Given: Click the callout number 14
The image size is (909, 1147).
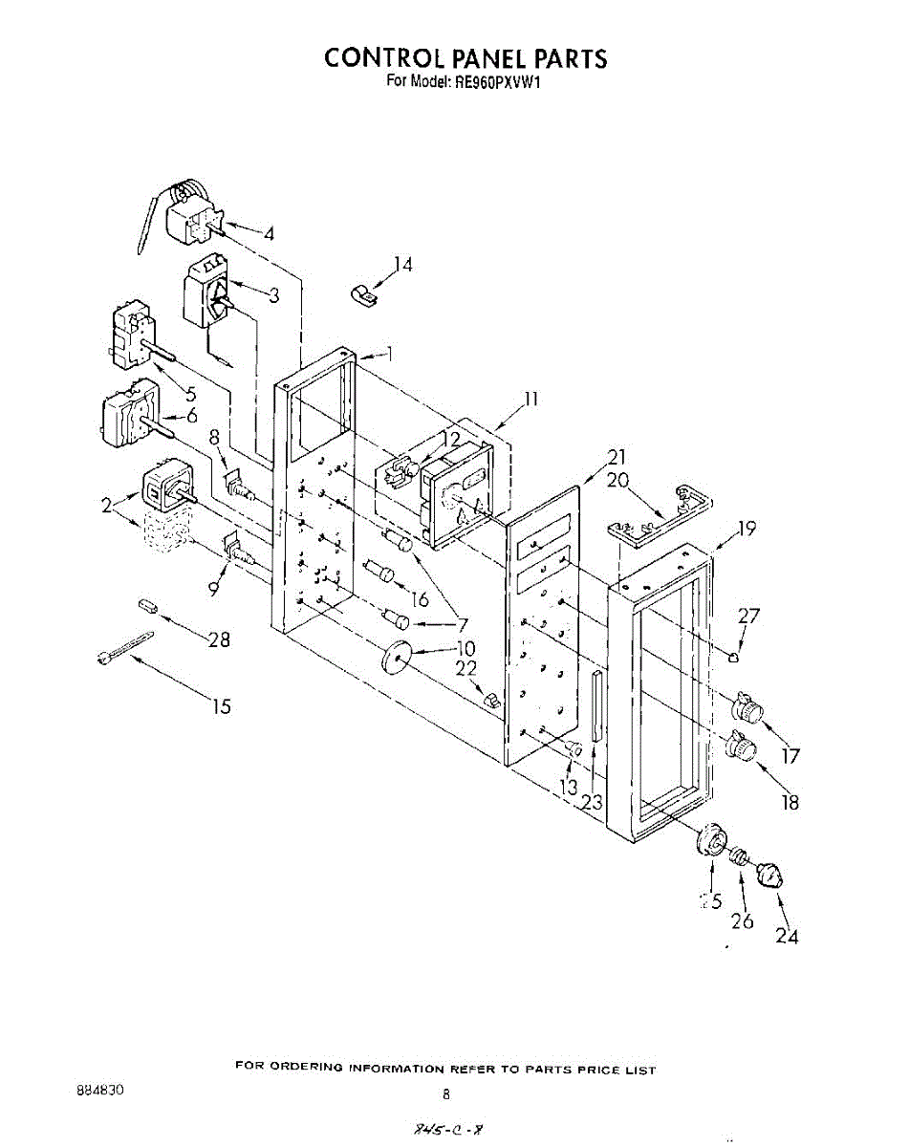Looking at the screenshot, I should coord(403,265).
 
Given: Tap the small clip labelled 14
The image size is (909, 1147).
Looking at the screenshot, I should coord(361,295).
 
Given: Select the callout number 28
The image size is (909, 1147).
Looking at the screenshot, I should coord(219,639).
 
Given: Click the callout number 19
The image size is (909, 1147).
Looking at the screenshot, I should coord(747,528).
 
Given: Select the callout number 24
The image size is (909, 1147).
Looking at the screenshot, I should coord(787,936).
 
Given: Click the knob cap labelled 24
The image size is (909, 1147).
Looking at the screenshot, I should coord(770,874).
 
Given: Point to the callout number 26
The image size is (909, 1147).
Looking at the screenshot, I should coord(742,920).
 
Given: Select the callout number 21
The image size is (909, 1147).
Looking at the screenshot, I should coord(617,457).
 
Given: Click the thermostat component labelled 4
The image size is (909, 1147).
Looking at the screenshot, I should coord(191,219).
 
